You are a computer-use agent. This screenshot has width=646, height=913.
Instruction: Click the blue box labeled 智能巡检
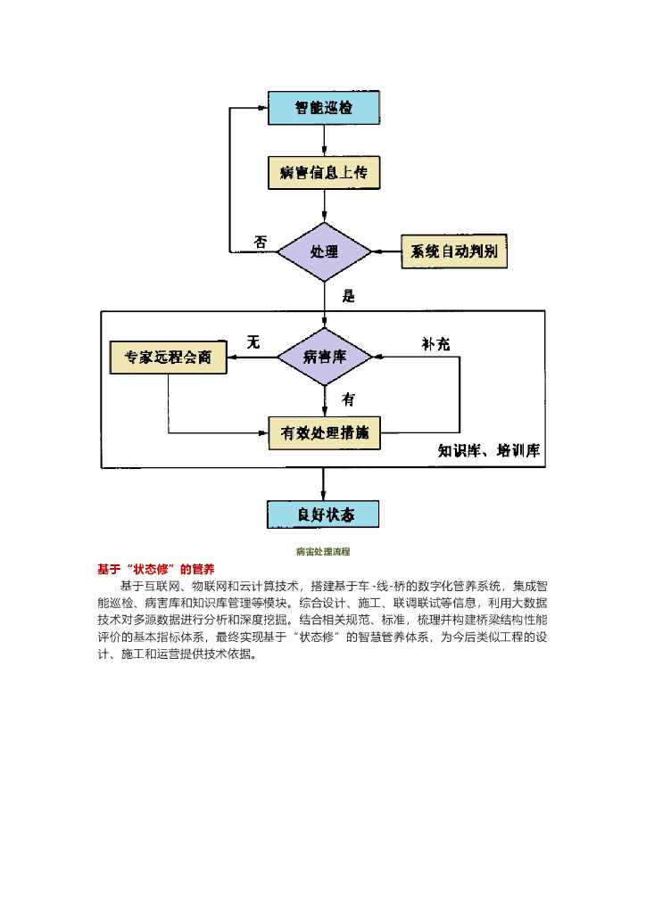coord(324,108)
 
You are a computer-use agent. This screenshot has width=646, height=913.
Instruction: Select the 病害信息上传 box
coord(324,173)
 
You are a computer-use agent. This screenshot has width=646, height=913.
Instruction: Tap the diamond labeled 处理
coord(324,252)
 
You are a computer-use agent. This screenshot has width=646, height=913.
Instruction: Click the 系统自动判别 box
coord(454,252)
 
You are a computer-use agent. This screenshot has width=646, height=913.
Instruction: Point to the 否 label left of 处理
coord(261,242)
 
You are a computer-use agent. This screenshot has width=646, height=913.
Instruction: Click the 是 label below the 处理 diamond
coord(348,296)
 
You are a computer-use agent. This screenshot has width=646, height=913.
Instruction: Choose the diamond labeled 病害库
coord(324,358)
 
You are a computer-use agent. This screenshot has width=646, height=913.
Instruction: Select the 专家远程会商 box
coord(168,358)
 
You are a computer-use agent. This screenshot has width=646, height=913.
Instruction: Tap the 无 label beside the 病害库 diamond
coord(253,342)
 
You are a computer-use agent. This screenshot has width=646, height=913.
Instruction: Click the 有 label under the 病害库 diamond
coord(348,399)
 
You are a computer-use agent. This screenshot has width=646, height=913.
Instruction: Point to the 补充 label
coord(435,344)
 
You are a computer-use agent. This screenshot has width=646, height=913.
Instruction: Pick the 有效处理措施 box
coord(324,433)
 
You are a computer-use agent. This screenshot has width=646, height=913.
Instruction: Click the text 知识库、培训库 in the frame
coord(489,450)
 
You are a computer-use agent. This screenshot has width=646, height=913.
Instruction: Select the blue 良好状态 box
coord(324,514)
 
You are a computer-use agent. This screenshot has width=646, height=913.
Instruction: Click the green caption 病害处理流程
coord(323,553)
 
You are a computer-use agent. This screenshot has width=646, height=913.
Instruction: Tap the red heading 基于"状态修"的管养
coord(155,569)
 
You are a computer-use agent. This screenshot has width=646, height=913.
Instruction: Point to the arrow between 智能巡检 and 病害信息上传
coord(324,141)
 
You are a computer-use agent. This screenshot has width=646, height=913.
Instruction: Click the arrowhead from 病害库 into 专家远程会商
coord(233,358)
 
